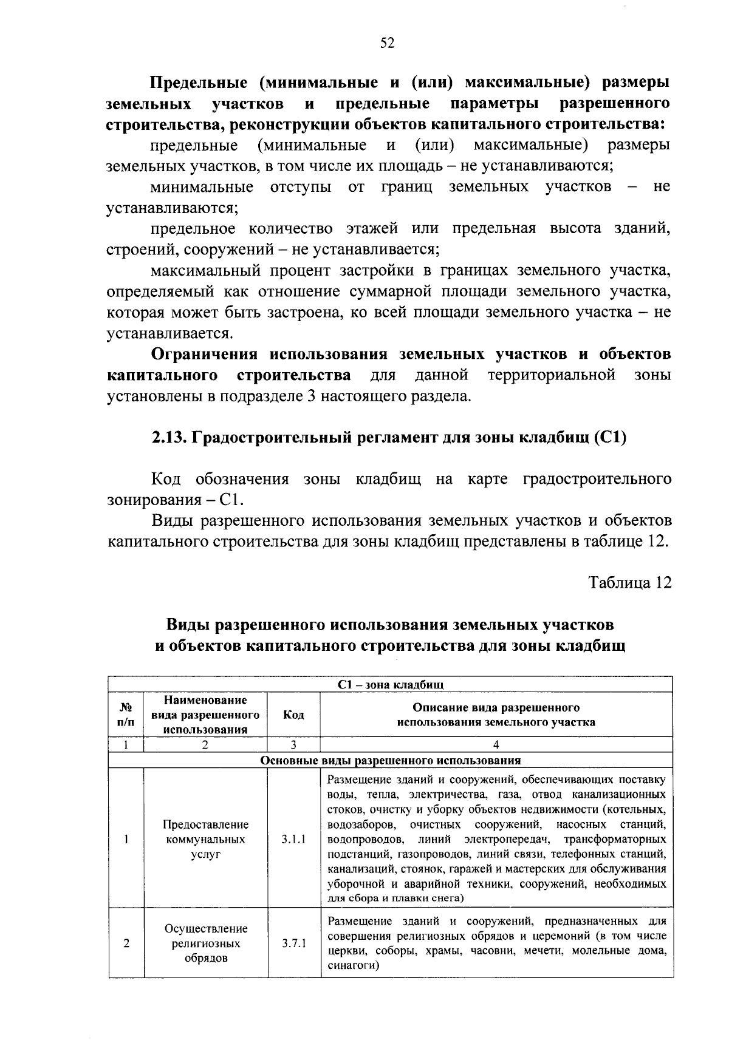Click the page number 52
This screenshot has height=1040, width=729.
[388, 42]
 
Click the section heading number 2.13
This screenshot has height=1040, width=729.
[168, 438]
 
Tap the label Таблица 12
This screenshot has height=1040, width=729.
[630, 582]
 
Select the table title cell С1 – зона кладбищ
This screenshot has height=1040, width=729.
[390, 685]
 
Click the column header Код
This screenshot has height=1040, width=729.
[293, 715]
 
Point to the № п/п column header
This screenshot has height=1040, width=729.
[126, 715]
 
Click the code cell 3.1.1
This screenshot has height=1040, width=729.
[293, 839]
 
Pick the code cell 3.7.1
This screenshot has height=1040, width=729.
[293, 943]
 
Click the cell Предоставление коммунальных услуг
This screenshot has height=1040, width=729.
[205, 839]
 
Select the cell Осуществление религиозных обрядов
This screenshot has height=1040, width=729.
[205, 943]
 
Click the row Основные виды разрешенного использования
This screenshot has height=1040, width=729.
[390, 760]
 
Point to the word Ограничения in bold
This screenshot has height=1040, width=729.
[204, 354]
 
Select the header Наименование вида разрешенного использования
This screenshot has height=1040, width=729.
[205, 715]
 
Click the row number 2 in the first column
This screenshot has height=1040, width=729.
[126, 943]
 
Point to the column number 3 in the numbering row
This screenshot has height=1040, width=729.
[293, 745]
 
